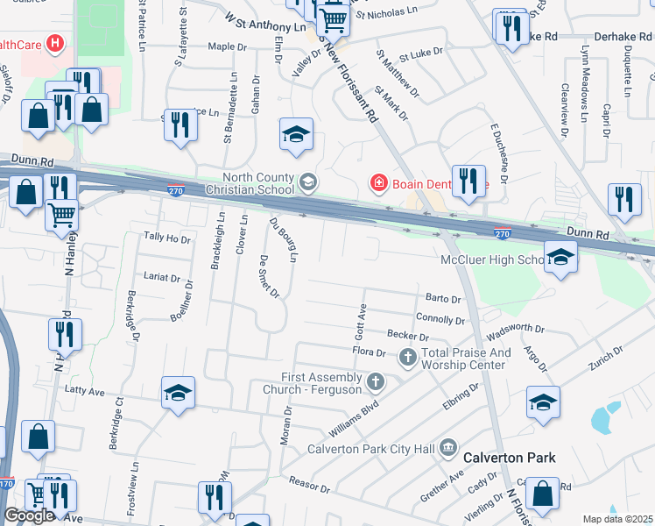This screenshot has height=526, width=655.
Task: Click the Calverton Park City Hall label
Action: click(370, 450)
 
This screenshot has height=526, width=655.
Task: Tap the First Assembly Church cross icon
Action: click(376, 381)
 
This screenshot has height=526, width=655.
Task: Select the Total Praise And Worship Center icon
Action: click(407, 358)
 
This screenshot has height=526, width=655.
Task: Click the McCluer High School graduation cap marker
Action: click(560, 257)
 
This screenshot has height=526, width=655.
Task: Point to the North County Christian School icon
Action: click(307, 181)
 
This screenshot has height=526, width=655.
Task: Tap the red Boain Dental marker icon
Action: click(378, 182)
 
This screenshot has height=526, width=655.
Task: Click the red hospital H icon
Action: click(55, 43)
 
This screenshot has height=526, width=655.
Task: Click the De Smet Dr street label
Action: click(269, 277)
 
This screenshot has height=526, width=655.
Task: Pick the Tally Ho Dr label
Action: click(166, 238)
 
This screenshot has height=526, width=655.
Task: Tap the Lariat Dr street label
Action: click(162, 278)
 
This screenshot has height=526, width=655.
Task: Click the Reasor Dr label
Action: click(308, 485)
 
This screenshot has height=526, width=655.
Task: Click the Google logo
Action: click(29, 515)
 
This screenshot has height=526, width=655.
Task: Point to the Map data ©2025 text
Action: click(617, 519)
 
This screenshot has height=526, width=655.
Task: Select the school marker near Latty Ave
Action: click(178, 394)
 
